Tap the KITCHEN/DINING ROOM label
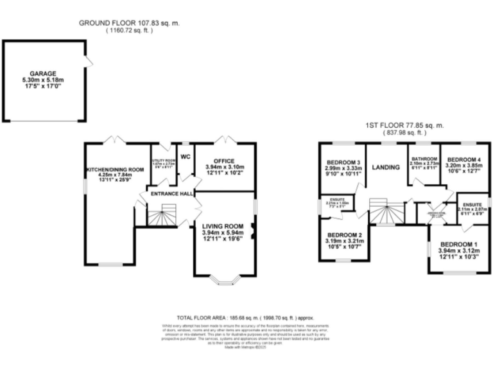tap(110, 170)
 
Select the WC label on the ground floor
tap(186, 156)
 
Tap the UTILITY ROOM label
tap(163, 161)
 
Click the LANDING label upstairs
tap(386, 167)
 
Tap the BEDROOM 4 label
tap(463, 159)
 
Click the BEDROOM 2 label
tap(344, 236)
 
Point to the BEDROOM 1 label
tap(458, 243)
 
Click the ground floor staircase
tap(162, 216)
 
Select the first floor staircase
tap(387, 211)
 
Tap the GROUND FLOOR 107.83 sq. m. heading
tap(129, 22)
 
